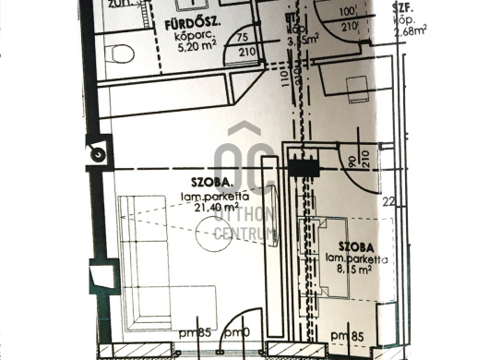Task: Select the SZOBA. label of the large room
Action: [x=209, y=183]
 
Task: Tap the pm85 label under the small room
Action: [x=347, y=334]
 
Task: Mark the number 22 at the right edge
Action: [x=389, y=201]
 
